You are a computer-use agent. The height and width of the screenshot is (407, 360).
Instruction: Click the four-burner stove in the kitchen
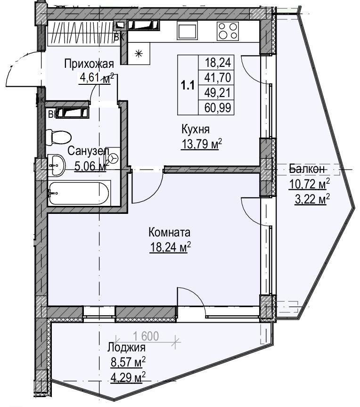228,31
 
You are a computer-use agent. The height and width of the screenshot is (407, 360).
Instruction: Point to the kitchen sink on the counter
188,30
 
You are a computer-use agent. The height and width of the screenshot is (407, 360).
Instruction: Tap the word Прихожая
89,64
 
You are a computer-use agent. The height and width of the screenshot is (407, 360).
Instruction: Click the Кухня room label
196,129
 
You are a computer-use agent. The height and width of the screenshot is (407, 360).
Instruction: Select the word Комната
169,232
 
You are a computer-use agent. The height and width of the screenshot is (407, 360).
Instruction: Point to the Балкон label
307,169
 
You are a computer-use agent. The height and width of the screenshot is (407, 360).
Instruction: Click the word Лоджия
127,347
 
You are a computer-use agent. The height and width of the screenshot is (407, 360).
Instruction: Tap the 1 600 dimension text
146,336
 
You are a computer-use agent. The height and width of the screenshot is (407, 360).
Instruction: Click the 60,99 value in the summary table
218,107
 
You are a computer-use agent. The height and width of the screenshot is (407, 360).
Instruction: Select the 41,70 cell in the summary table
218,77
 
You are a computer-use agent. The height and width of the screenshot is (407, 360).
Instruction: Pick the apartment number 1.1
188,85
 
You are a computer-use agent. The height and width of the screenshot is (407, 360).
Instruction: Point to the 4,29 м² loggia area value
128,377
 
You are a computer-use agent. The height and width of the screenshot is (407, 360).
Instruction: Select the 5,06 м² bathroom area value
91,166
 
